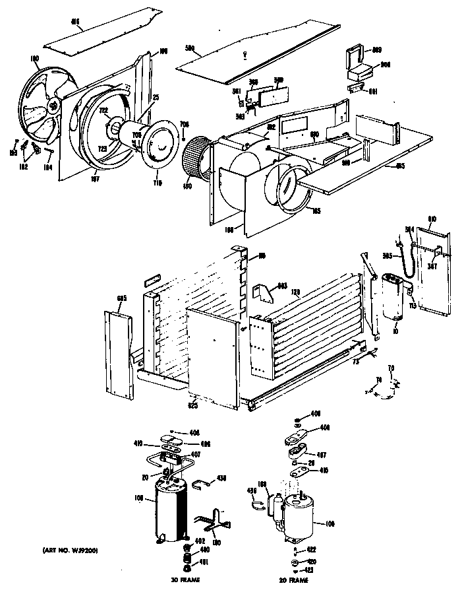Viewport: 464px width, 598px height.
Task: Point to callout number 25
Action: point(156,98)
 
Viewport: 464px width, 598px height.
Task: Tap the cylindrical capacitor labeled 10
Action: point(393,297)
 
